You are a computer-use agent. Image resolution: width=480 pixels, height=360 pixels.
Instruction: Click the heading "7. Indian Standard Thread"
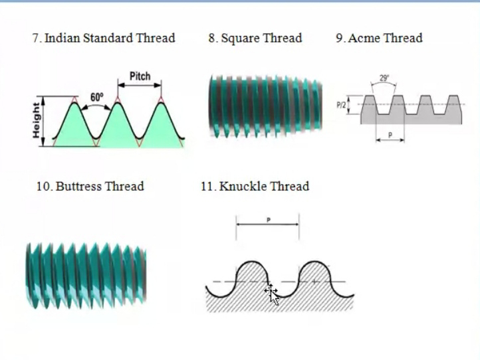[104, 38]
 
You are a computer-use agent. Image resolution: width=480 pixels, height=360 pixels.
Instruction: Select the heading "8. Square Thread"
[255, 38]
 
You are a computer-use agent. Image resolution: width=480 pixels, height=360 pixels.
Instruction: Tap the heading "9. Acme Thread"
[379, 38]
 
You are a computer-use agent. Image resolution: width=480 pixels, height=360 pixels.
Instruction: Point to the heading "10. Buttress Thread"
[90, 186]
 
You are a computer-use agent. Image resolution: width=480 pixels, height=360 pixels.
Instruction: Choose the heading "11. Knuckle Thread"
[255, 186]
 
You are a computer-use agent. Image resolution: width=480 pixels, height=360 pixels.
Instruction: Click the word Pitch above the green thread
[140, 76]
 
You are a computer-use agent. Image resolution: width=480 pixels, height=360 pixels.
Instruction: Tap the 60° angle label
[97, 97]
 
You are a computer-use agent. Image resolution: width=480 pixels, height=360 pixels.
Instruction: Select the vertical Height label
[36, 121]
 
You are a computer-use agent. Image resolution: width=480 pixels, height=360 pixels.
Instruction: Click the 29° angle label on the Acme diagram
[384, 78]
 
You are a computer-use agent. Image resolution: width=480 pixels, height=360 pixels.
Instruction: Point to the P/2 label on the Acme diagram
[341, 105]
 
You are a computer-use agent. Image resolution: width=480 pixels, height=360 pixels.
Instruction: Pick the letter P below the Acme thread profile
[390, 134]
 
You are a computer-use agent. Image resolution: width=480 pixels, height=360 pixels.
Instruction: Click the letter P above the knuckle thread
[269, 219]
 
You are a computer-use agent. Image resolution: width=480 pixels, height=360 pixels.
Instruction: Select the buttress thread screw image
[85, 274]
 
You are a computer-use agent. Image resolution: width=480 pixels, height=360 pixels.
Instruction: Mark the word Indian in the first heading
[62, 38]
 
